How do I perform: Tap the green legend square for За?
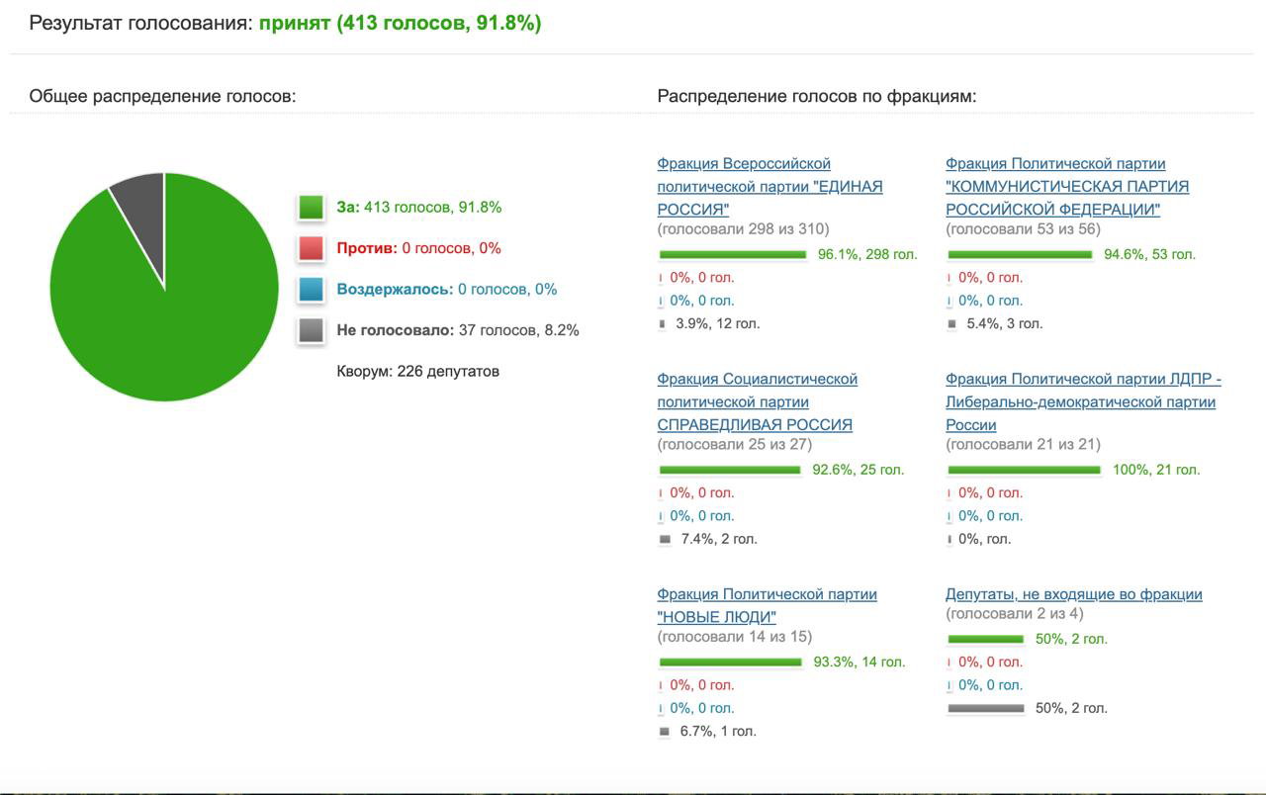coord(311,207)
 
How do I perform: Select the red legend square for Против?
coord(311,248)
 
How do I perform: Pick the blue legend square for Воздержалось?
coord(311,290)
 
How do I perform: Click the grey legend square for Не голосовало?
coord(311,330)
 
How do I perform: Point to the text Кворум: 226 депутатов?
coord(417,371)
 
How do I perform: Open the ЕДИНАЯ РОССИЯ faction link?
coord(769,187)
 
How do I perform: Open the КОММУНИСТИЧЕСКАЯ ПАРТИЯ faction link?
coord(1067,187)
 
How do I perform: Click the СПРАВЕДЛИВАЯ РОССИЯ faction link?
coord(758,401)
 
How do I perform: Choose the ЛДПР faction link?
coord(1083,401)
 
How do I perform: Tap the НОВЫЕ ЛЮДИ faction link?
coord(767,605)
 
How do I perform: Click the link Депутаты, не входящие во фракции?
coord(1074,594)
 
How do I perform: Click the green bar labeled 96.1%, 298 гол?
coord(733,255)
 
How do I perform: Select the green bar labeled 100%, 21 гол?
coord(1024,470)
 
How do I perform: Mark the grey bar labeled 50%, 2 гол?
coord(986,709)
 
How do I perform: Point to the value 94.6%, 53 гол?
coord(1149,254)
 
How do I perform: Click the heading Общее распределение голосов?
coord(163,96)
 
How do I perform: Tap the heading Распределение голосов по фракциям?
coord(817,96)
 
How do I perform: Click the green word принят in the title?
coord(295,23)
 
